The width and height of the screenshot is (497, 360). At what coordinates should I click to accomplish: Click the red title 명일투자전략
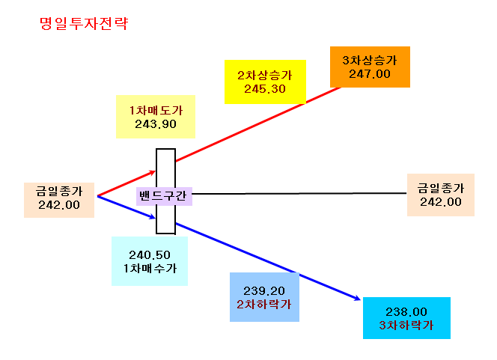[x=84, y=23]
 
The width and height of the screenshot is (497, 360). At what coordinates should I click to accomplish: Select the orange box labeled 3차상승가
[x=370, y=67]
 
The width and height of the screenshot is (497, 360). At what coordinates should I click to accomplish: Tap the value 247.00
[x=370, y=74]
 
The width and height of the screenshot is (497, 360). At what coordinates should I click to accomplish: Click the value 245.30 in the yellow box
[x=265, y=89]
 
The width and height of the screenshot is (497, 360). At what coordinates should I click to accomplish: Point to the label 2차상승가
[x=265, y=76]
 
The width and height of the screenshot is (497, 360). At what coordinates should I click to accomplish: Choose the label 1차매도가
[x=156, y=111]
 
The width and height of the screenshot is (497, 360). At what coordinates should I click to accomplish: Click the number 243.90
[x=156, y=124]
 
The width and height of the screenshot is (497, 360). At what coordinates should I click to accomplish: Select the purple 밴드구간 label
[x=164, y=196]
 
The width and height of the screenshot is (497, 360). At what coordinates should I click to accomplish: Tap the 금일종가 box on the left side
[x=59, y=200]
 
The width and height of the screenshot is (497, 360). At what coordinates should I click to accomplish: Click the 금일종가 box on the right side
[x=441, y=195]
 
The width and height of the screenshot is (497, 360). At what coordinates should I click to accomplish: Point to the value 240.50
[x=150, y=255]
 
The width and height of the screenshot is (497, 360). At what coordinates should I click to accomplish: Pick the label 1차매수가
[x=150, y=269]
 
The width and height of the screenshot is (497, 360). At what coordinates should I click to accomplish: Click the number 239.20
[x=264, y=291]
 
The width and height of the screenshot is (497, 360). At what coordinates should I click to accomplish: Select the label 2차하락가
[x=264, y=305]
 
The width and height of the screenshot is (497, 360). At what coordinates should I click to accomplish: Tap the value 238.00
[x=406, y=312]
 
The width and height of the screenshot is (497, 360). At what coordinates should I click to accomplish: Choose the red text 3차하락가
[x=406, y=326]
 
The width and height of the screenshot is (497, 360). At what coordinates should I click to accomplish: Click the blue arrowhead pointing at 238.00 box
[x=358, y=298]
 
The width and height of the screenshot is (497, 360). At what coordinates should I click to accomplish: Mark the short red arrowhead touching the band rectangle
[x=153, y=173]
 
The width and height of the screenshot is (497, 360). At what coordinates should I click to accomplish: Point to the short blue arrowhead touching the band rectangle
[x=153, y=217]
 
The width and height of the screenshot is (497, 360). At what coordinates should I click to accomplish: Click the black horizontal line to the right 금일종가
[x=299, y=193]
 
